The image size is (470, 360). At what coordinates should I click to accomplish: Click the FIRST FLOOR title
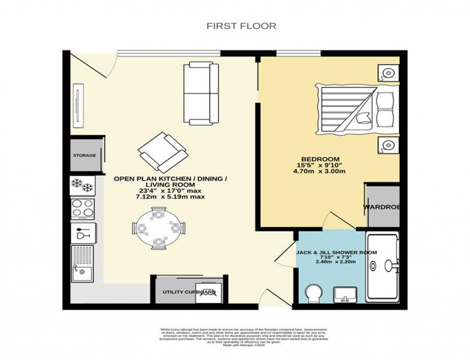tap(241, 26)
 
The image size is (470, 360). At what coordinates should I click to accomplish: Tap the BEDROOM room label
tap(320, 159)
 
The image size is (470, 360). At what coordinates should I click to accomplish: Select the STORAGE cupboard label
tap(84, 155)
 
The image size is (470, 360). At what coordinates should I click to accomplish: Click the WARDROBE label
tap(382, 208)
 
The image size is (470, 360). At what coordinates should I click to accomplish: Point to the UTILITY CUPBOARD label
tap(188, 292)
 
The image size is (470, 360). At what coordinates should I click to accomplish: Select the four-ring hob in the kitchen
tap(82, 209)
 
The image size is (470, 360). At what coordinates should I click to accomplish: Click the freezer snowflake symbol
tap(82, 185)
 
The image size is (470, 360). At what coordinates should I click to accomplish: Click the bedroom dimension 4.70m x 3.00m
tap(320, 171)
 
